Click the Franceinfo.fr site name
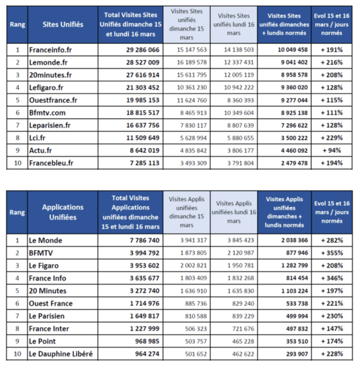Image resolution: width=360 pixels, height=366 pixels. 50,50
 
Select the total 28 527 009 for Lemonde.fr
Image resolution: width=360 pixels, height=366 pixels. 143,63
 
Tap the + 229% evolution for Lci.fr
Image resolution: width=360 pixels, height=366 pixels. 332,138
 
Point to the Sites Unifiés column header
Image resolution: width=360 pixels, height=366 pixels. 63,24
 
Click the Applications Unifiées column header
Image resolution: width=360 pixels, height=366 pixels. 63,212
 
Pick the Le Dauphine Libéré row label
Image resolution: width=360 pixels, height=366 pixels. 61,354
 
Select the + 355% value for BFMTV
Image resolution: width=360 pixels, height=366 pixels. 332,253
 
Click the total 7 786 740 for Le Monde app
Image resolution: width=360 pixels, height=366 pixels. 145,241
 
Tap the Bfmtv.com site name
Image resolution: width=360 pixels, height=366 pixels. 47,113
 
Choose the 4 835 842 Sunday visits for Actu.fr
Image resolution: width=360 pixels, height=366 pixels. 193,151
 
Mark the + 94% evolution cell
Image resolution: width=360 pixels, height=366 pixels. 332,151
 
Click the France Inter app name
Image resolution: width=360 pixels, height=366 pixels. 49,329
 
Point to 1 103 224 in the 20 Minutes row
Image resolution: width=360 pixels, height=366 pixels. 295,291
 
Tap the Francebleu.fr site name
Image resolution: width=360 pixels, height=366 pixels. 51,163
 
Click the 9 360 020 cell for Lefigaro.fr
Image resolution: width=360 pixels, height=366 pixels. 295,88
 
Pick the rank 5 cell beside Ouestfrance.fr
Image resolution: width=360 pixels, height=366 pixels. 17,100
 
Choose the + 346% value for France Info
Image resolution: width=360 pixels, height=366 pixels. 332,278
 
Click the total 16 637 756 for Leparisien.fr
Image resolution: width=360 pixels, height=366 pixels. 143,125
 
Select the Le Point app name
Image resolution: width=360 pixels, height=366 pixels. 42,341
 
